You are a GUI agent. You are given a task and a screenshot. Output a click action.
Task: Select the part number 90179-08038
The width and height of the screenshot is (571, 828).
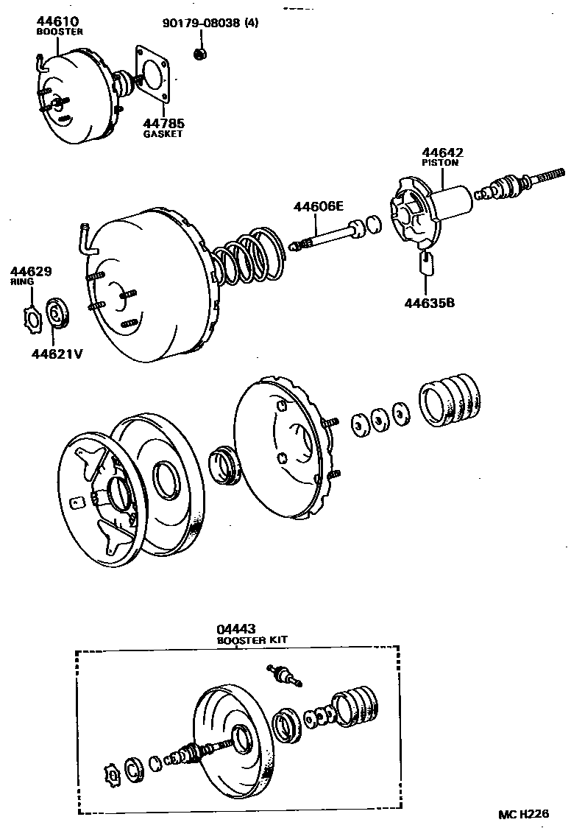coord(202,23)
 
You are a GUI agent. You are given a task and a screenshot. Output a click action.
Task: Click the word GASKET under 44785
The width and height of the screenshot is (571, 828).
coord(163,134)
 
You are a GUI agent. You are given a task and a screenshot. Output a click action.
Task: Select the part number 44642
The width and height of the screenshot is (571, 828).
coord(442,152)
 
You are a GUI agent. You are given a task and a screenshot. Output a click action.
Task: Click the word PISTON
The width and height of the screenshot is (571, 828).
coord(440,163)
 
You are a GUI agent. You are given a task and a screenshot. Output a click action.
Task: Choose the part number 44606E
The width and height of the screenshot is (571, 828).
coord(319,207)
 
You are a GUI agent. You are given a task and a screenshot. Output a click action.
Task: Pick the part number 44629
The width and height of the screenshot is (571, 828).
coord(31,271)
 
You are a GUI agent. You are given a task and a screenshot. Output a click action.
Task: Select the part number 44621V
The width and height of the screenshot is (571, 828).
coord(56,353)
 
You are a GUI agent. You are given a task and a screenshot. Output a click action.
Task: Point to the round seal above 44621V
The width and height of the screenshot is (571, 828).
coord(57,313)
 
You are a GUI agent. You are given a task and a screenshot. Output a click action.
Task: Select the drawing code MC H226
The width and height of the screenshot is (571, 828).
coord(523,814)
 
